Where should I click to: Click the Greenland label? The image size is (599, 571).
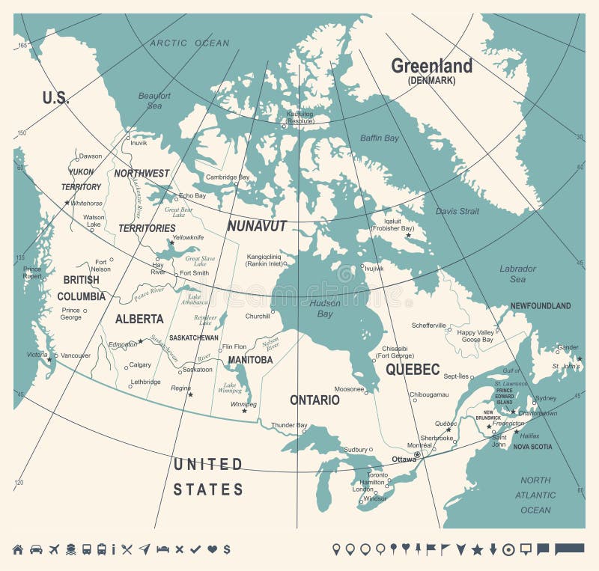432,66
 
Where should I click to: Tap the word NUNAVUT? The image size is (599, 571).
257,226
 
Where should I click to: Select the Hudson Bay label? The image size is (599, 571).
325,308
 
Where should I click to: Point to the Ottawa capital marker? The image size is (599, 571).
417,454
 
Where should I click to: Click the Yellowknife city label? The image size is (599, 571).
188,237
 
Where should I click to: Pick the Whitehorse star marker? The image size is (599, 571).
67,203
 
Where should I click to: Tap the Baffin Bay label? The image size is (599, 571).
380,138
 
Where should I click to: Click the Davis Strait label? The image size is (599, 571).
457,211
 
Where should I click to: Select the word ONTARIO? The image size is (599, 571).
314,400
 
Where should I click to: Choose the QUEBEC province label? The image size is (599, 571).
413,369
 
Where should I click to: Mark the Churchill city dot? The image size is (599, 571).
273,311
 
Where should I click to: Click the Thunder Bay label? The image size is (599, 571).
289,425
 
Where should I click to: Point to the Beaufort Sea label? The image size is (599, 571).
154,100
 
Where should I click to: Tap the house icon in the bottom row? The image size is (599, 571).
18,549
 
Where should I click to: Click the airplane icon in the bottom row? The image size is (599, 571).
53,549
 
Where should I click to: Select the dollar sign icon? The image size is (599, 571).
226,549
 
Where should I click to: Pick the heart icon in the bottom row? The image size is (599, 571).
212,549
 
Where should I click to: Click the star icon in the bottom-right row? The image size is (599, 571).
477,550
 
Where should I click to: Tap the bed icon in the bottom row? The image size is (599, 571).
162,549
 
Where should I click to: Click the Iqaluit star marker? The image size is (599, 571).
408,236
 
